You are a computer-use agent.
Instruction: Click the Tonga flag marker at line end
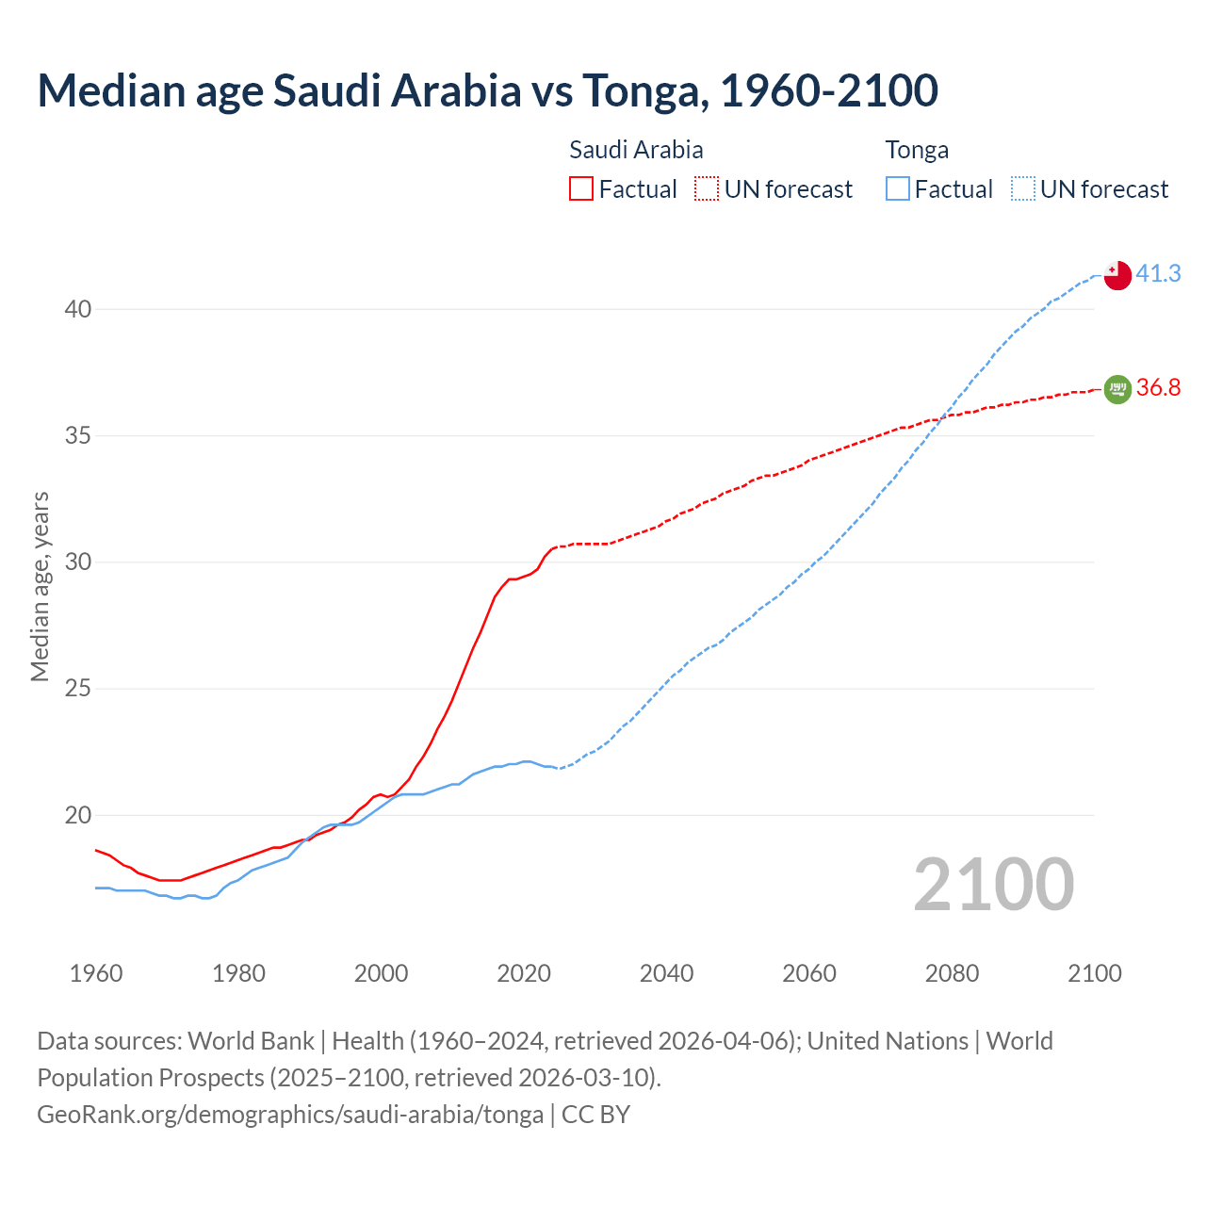1116,275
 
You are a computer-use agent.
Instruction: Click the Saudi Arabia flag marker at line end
1116,388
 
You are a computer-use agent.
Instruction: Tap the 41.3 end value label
1158,273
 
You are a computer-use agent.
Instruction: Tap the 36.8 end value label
1158,387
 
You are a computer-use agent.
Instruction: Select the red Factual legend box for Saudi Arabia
581,189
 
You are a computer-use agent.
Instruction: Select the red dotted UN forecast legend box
707,189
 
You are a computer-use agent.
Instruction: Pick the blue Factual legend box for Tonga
897,189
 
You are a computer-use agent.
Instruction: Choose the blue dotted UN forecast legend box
1022,189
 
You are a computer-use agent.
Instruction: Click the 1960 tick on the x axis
96,973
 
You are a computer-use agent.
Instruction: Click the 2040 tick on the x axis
666,973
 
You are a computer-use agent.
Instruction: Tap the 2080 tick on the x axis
952,973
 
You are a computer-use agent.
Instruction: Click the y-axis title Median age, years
40,586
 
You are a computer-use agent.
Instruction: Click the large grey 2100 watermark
993,884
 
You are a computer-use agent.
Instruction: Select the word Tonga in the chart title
641,90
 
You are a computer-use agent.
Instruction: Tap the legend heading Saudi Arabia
636,150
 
